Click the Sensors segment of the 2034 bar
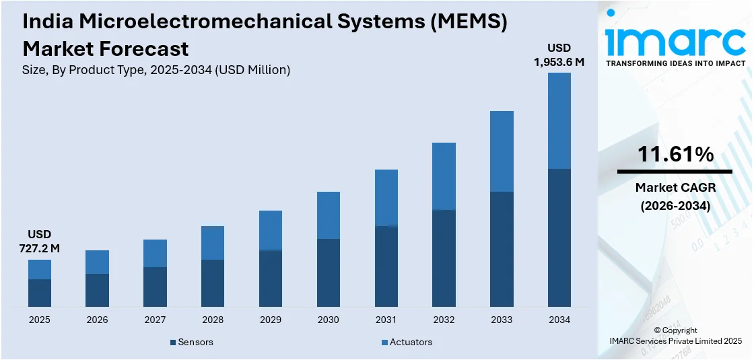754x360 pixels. click(559, 238)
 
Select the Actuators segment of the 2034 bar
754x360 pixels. click(559, 120)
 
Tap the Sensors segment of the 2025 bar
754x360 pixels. click(40, 293)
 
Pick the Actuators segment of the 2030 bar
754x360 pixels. click(328, 215)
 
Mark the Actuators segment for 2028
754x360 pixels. click(213, 243)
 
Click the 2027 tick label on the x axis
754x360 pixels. click(155, 320)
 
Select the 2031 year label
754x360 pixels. click(386, 320)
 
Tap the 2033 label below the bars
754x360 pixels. click(502, 320)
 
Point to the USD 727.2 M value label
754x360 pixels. click(39, 242)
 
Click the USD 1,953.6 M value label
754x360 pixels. click(559, 55)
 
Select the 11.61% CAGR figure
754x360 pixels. click(675, 155)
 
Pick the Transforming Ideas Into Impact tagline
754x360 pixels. click(675, 63)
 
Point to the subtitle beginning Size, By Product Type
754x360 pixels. click(156, 70)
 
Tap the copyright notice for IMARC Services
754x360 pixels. click(675, 336)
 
